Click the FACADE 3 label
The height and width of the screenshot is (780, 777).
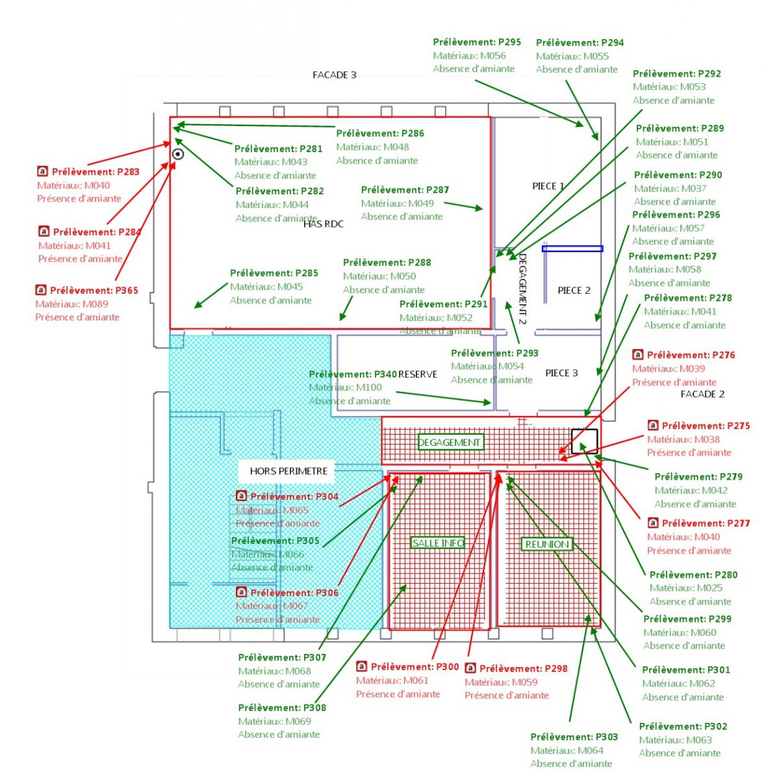[335, 75]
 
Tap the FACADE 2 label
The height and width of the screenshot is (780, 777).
[702, 394]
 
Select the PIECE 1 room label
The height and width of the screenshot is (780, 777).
[548, 186]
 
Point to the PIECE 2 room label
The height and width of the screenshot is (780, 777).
[574, 291]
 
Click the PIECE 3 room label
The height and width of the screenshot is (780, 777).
[561, 373]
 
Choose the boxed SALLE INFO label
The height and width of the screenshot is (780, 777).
[439, 543]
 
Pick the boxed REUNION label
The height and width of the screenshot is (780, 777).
[547, 544]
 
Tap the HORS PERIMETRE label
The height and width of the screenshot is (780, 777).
[288, 471]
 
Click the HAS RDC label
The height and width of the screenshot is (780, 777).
[324, 224]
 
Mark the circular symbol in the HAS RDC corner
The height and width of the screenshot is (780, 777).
[178, 154]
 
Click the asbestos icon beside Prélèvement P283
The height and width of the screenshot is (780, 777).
[42, 172]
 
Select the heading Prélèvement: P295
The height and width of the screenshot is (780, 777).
[477, 42]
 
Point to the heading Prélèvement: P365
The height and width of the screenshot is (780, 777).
[94, 291]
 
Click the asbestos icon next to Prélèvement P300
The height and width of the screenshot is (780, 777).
[361, 666]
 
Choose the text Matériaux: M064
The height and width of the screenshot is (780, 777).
[567, 750]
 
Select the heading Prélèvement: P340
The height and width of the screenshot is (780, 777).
[353, 374]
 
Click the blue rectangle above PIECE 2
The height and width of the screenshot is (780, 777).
[572, 248]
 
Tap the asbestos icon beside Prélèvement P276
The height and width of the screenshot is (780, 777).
[637, 355]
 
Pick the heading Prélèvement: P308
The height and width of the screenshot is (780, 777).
[282, 707]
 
